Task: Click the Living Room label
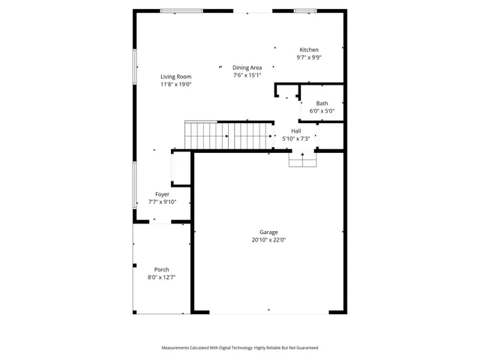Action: tap(176, 76)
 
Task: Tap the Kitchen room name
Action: tap(309, 49)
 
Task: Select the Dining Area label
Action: tap(247, 67)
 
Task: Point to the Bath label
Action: tap(322, 103)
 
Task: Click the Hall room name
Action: tap(296, 130)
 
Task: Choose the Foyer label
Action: tap(162, 194)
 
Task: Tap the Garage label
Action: tap(268, 232)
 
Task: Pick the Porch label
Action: tap(161, 270)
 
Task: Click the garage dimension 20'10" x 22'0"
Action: tap(268, 241)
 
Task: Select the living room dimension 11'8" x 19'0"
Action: tap(176, 85)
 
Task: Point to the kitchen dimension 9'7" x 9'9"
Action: tap(309, 58)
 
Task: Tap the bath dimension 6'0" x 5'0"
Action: tap(322, 111)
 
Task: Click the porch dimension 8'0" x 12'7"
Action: tap(161, 277)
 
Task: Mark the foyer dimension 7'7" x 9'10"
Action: tap(162, 202)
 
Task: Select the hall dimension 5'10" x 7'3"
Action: tap(296, 138)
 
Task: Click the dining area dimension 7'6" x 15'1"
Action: tap(247, 75)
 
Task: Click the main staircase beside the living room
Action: tap(229, 136)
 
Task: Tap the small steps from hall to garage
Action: tap(302, 159)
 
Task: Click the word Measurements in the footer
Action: tap(178, 348)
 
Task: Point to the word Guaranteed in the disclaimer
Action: tap(304, 348)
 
